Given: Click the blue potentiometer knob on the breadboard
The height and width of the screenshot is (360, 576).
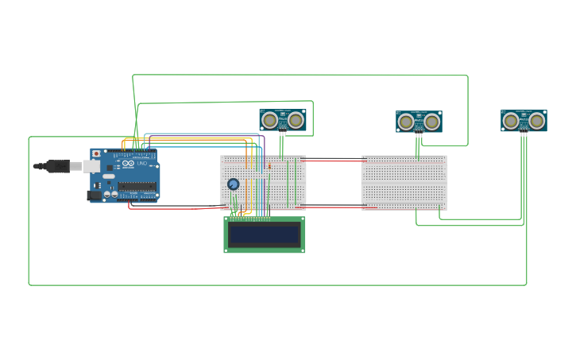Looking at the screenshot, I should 233,184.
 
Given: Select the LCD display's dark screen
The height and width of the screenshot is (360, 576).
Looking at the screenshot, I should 264,234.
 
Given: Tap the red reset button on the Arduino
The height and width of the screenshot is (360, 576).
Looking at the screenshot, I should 96,153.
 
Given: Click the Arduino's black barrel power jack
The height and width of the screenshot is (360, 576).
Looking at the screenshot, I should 95,194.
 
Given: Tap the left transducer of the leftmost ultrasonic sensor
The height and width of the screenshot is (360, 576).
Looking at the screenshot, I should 270,120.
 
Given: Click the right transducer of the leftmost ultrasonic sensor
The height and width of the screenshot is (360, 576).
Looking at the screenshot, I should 296,120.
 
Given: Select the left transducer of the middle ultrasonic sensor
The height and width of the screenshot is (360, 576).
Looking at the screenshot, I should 407,122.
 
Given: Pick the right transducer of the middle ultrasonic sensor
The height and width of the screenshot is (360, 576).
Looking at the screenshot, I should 432,122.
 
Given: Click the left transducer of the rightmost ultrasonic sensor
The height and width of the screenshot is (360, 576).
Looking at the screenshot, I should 512,121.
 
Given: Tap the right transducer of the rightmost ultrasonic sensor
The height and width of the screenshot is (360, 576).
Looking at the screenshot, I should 537,121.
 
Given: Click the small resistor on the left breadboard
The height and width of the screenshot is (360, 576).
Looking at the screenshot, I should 269,166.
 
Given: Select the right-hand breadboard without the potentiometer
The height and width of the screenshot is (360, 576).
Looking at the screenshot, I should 404,183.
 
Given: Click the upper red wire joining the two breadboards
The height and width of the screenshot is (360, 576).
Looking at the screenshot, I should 334,161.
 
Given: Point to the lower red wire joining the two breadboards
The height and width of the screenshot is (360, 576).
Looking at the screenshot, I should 334,207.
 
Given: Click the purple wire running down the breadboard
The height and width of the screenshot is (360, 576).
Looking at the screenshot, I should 263,175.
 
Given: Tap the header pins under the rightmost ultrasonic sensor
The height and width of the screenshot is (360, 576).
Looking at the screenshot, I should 524,134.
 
